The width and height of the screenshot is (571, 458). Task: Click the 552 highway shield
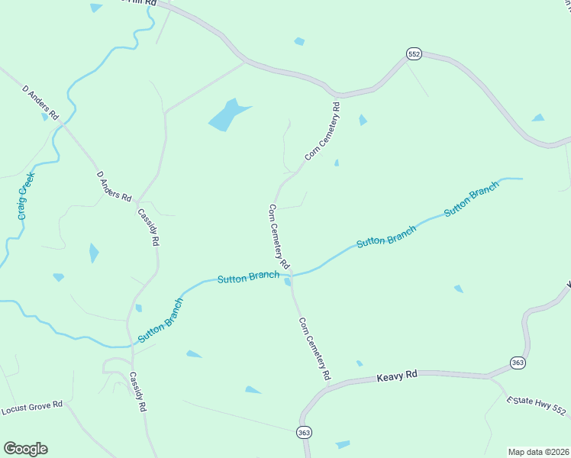click(413, 53)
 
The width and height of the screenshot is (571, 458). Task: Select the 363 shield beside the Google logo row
click(305, 432)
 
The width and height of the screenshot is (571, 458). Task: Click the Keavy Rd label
click(398, 376)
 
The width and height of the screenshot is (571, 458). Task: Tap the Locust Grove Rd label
click(31, 407)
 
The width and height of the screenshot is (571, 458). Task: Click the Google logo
click(25, 448)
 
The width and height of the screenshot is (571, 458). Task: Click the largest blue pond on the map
click(227, 114)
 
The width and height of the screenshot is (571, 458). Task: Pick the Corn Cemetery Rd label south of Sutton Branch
click(315, 349)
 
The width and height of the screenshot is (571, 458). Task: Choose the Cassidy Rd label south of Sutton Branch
click(137, 392)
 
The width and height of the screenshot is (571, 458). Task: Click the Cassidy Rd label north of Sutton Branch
click(148, 227)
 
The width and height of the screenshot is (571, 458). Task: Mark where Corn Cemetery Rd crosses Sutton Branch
click(291, 273)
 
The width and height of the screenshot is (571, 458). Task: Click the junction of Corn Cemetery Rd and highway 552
click(337, 96)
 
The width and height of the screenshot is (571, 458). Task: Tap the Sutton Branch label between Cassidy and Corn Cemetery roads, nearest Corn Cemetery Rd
click(248, 278)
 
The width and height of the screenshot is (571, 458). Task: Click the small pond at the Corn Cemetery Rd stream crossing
click(288, 282)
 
